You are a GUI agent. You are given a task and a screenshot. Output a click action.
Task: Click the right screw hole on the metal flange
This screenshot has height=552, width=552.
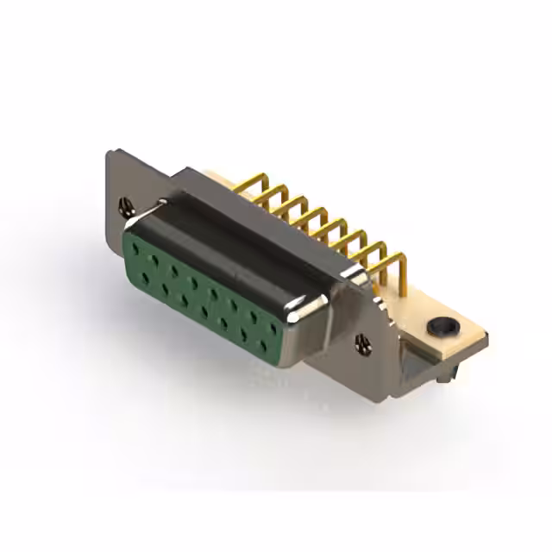point(361,342)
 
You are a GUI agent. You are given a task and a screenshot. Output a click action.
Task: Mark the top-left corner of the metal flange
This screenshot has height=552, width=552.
point(109,154)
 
